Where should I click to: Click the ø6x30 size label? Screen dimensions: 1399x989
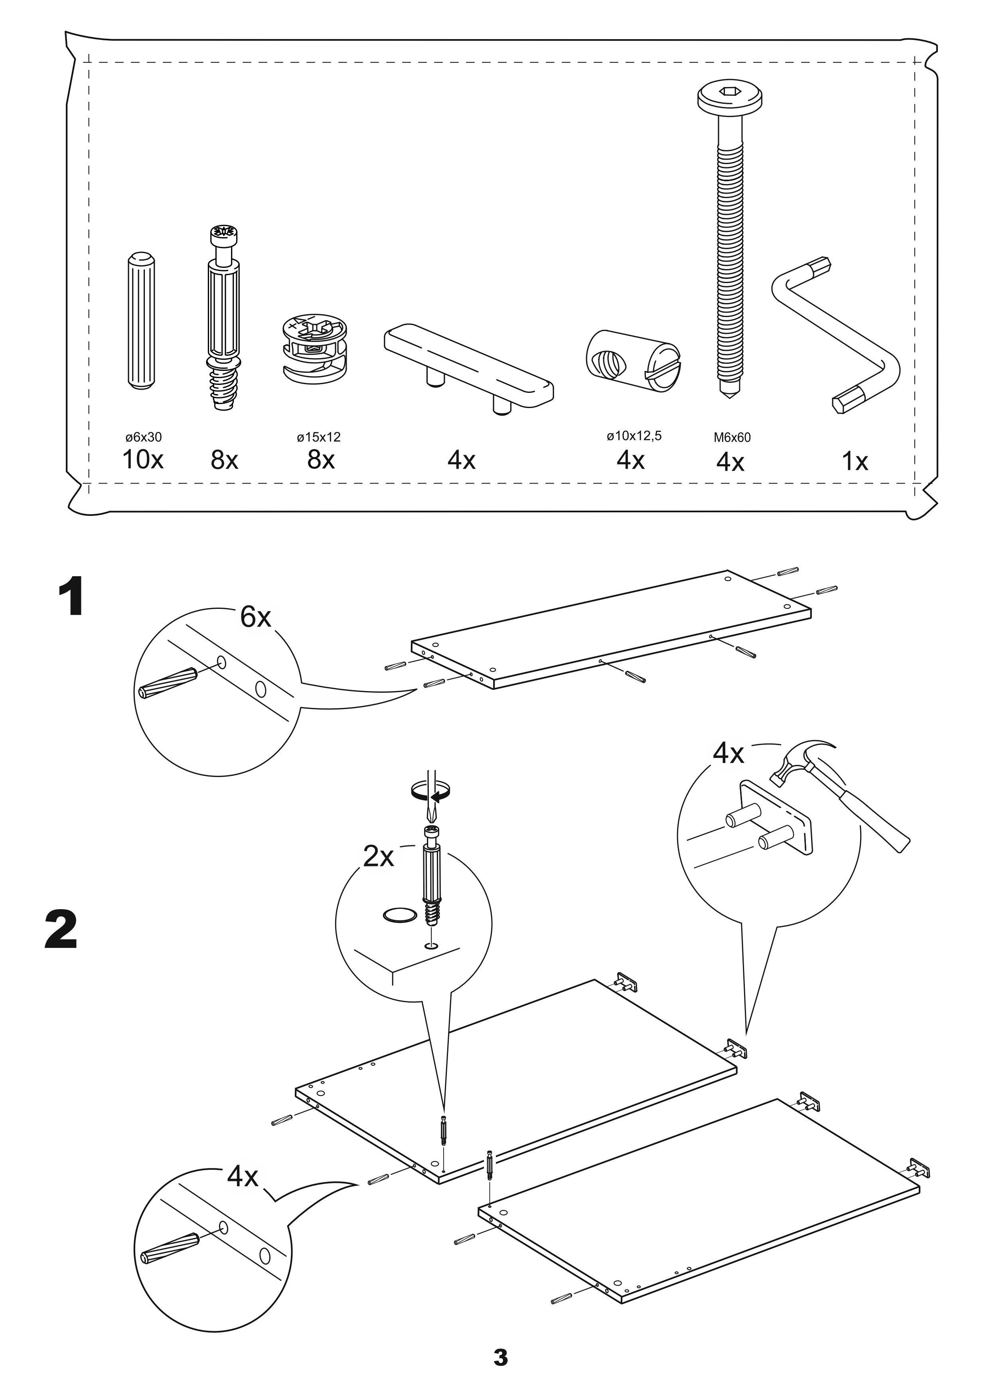143,437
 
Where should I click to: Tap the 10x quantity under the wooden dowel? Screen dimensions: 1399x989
143,460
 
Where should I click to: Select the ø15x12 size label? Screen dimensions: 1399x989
318,437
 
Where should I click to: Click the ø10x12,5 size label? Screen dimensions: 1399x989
634,436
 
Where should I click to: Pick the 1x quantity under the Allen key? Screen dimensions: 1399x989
855,462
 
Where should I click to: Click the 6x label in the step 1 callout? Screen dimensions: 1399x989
255,617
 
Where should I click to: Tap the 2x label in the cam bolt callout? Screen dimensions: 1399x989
378,857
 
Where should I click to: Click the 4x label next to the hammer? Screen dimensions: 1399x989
728,754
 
